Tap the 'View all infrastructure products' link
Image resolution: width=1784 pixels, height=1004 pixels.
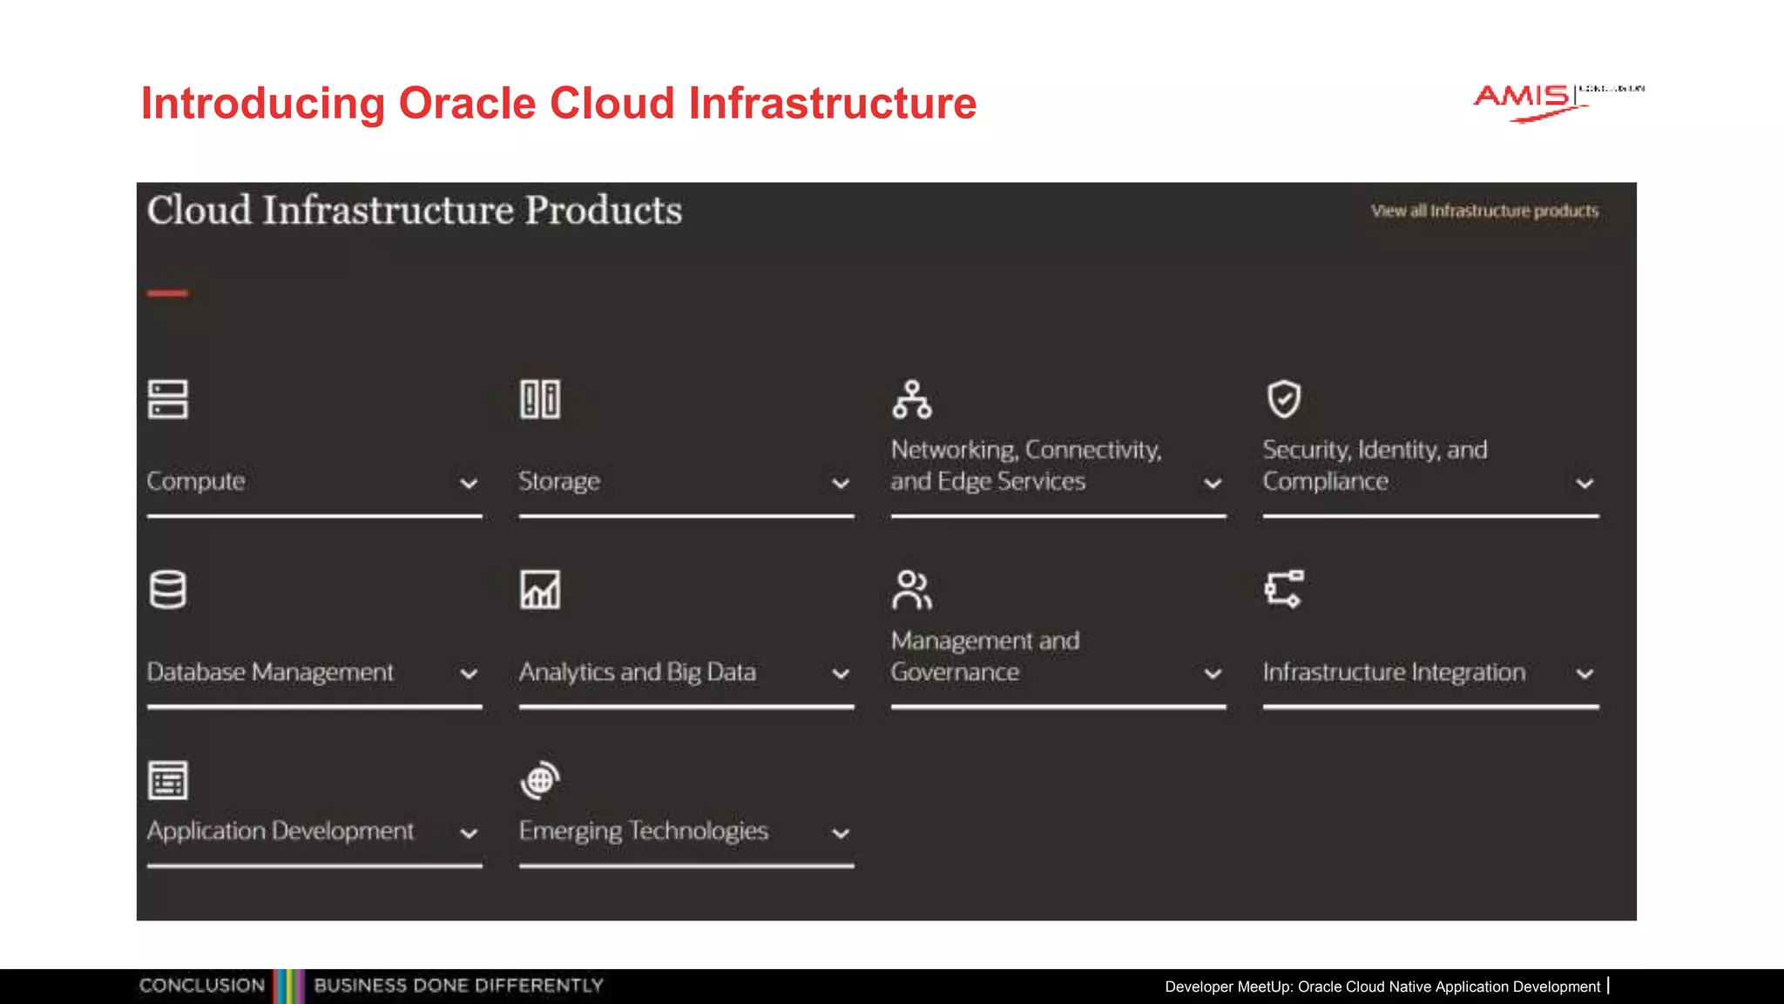pos(1484,211)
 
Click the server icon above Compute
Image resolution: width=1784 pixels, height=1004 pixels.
pos(168,399)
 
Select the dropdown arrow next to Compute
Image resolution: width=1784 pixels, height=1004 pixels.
pos(469,484)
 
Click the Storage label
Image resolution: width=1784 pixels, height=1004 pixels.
pos(559,481)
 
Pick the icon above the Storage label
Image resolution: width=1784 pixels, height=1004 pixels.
pos(540,399)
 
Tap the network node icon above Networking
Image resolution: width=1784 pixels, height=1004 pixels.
pos(912,399)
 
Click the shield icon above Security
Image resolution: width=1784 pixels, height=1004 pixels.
pos(1284,399)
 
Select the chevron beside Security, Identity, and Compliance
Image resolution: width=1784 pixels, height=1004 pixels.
pos(1585,484)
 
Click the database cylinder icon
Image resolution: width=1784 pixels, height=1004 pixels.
pos(168,590)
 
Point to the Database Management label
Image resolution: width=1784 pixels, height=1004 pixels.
pos(270,672)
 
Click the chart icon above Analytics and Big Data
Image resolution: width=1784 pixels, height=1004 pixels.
pos(540,590)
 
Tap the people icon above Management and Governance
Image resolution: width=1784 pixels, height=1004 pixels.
pos(912,590)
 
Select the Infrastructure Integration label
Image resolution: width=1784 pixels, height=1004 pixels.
pos(1394,672)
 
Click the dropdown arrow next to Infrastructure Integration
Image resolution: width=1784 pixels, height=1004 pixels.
pos(1585,674)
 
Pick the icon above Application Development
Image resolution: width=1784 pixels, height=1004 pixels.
pos(168,780)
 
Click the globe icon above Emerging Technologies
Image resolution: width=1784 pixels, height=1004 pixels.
pos(540,780)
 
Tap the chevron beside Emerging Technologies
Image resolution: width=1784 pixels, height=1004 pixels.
pos(841,833)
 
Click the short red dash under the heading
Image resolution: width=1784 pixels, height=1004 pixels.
pos(168,294)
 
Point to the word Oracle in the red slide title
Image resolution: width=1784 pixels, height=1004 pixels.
pos(467,103)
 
